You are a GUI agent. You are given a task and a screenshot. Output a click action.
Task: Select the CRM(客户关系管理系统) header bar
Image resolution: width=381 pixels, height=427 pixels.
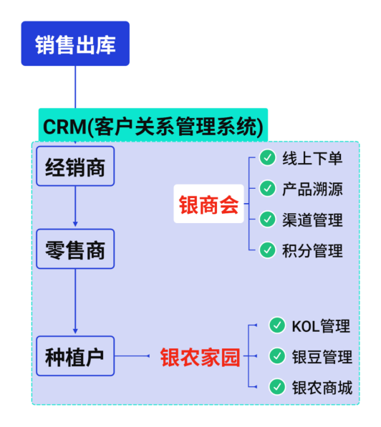(153, 127)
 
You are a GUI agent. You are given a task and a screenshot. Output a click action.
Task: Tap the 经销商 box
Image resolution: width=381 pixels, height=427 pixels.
(75, 167)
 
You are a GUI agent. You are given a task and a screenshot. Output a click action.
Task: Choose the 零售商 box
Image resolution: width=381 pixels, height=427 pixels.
(75, 250)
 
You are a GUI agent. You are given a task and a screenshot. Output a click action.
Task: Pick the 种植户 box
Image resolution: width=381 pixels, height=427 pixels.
(75, 356)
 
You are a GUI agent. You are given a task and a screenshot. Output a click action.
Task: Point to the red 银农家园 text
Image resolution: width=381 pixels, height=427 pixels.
(200, 356)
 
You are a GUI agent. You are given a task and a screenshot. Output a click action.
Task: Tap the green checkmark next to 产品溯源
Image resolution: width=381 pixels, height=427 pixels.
(267, 189)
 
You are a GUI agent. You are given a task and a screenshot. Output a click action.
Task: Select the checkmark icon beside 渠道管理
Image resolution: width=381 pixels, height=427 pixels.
(267, 219)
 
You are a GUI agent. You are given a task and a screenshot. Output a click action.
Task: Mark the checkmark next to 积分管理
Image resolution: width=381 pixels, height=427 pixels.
(267, 250)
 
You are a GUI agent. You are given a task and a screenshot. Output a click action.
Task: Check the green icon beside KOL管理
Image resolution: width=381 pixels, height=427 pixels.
(277, 325)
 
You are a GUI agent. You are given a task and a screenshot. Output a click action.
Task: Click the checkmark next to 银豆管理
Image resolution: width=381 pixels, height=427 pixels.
(277, 356)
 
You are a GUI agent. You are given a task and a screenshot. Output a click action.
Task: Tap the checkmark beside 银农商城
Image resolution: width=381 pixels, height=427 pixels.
(277, 387)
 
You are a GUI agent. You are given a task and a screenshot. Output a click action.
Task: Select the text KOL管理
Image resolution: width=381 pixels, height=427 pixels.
(321, 326)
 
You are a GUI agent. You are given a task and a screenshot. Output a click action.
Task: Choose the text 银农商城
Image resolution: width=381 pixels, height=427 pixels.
(322, 388)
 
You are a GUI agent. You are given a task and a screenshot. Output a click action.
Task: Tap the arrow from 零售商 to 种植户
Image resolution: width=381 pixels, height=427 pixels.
(75, 300)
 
